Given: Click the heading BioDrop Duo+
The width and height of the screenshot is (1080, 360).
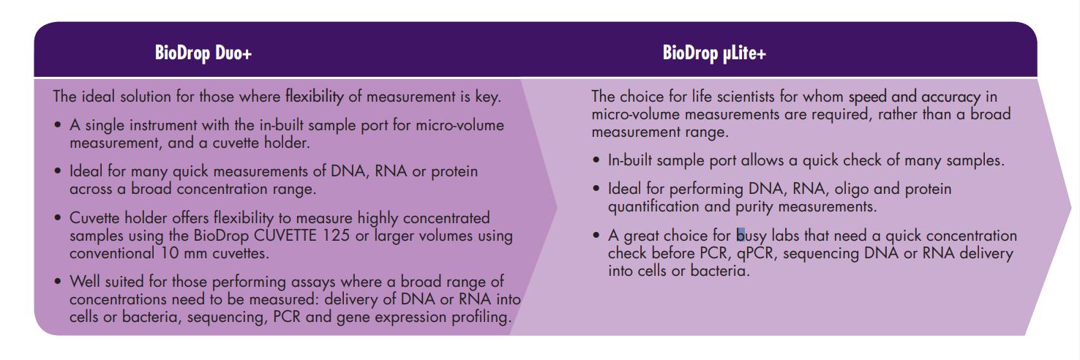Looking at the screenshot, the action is coord(203,53).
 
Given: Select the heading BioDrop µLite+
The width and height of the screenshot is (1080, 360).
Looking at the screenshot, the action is coord(714,53).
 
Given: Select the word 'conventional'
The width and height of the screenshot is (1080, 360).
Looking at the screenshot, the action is coord(112,253).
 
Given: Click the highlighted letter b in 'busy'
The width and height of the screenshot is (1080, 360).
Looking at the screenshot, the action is coord(740,235).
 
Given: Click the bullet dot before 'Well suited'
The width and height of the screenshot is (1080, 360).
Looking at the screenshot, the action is coord(58,282).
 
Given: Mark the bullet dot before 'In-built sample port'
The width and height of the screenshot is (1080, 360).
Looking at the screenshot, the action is coord(596,160).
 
